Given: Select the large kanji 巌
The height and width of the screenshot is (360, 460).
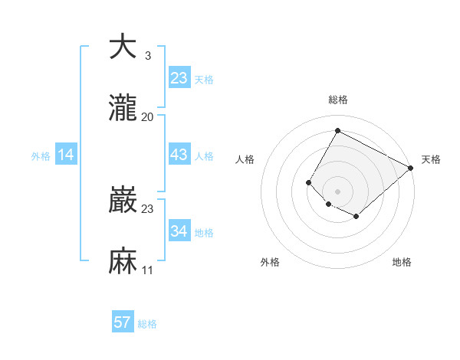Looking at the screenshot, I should click(x=123, y=201).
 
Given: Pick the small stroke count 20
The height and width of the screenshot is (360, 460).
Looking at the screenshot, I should click(x=147, y=117).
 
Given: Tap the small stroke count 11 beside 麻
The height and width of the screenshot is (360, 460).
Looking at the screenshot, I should click(x=147, y=271).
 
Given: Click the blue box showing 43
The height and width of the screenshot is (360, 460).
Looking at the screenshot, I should click(x=179, y=155).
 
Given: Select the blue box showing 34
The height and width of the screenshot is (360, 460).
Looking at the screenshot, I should click(x=179, y=231).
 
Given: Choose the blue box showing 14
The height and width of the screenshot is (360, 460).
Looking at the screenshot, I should click(x=66, y=155).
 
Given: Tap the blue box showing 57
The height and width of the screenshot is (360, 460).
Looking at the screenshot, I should click(x=123, y=322).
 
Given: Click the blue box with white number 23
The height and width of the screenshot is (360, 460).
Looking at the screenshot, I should click(x=179, y=78).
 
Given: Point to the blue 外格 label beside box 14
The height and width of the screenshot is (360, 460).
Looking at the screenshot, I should click(x=41, y=156).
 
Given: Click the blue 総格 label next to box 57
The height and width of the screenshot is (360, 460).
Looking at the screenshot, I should click(x=147, y=324).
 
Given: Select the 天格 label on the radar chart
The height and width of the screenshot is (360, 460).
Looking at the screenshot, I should click(x=431, y=159).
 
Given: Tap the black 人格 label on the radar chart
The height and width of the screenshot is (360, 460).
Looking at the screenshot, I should click(x=245, y=159).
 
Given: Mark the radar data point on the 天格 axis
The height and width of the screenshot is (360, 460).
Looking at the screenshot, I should click(x=411, y=168).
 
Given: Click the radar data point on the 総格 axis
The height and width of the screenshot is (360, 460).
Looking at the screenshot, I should click(x=337, y=131).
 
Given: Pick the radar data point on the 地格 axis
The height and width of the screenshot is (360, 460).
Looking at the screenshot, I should click(x=356, y=217).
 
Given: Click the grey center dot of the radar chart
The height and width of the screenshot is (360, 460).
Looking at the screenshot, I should click(x=337, y=191).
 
